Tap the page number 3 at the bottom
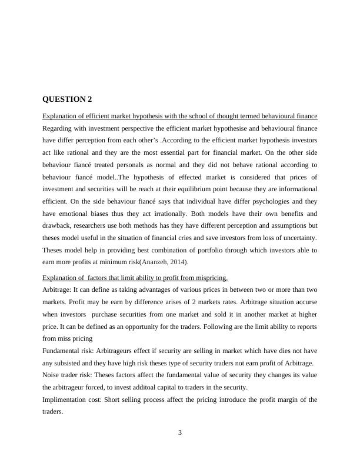click(180, 433)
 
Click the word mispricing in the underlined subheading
click(209, 278)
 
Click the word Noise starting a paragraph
click(52, 375)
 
